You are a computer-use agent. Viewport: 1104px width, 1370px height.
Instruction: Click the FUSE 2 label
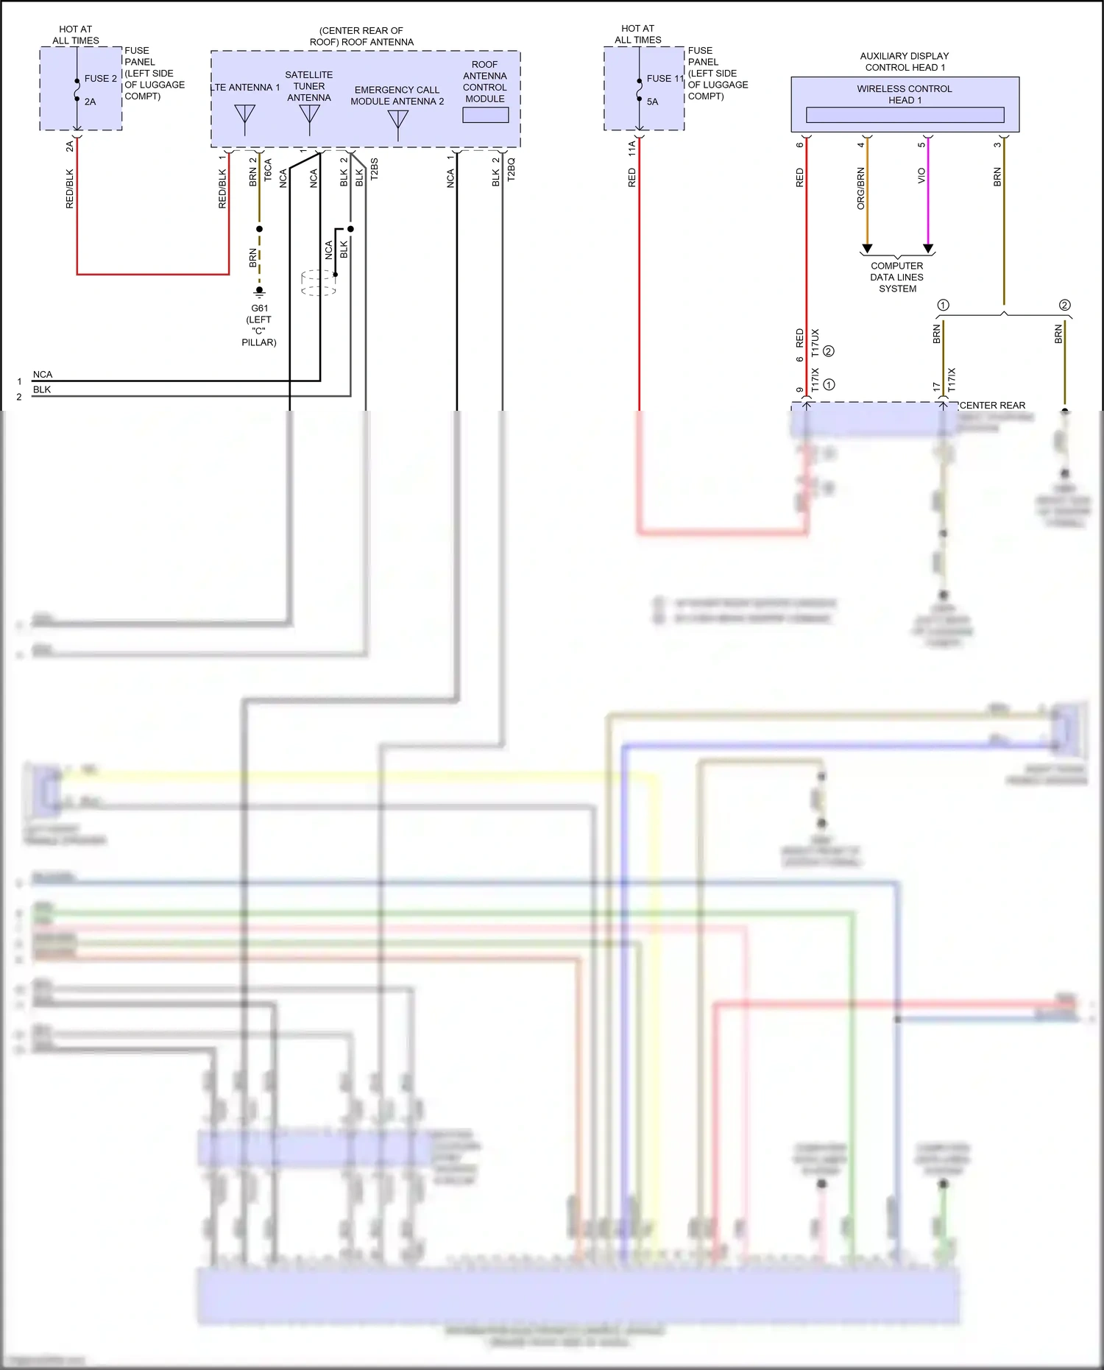click(100, 78)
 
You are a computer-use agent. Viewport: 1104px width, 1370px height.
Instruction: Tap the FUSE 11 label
click(665, 78)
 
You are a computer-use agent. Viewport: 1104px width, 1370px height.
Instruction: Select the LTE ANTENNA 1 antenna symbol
click(244, 119)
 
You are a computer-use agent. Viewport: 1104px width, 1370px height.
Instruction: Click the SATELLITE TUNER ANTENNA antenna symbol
click(309, 119)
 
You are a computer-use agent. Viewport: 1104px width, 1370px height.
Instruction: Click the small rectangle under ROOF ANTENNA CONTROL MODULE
click(485, 115)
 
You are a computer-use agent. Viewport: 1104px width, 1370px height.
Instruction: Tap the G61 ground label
click(259, 308)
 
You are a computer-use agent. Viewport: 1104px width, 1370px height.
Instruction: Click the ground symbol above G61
click(259, 292)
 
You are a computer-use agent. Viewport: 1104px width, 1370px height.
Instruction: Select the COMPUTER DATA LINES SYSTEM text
click(896, 278)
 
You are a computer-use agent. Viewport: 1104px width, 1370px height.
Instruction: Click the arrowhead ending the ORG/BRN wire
click(867, 249)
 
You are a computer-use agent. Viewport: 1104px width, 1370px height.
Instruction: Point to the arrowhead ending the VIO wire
click(928, 249)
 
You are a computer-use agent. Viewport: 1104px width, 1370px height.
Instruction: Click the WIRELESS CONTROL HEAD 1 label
click(904, 94)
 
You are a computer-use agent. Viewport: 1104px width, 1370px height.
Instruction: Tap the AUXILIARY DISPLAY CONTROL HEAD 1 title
click(904, 61)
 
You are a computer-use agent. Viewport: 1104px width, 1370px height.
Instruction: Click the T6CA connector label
click(268, 170)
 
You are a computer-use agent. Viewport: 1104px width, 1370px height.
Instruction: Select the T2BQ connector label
click(511, 169)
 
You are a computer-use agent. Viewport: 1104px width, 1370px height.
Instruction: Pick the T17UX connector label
click(815, 343)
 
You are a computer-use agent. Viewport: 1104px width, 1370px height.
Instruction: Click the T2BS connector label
click(374, 169)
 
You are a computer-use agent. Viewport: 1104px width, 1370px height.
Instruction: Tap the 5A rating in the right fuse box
click(652, 102)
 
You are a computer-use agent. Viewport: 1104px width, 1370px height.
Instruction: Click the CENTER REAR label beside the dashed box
click(992, 406)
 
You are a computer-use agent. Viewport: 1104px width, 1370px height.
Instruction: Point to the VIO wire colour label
click(921, 176)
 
